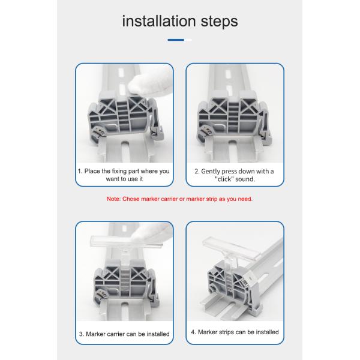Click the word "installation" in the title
point(159,21)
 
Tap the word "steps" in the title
point(219,22)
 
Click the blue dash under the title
point(176,40)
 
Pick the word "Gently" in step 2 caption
point(211,172)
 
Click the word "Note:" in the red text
point(113,199)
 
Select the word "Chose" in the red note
point(131,199)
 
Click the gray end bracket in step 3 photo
point(126,284)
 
